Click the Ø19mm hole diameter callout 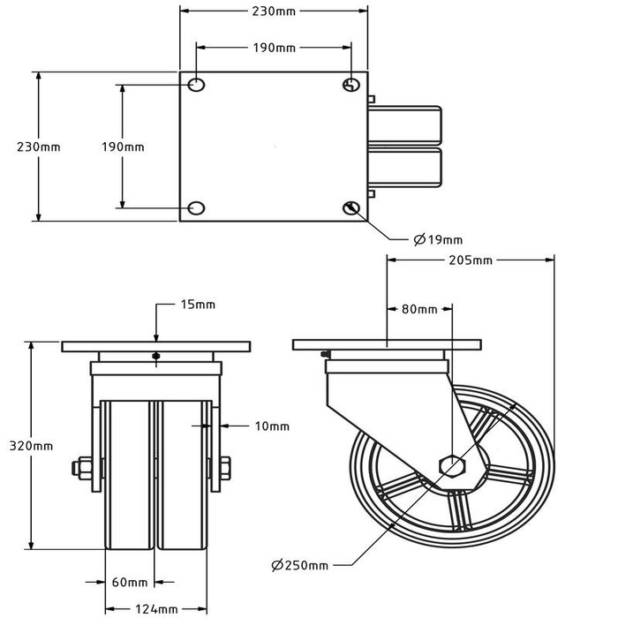click(x=438, y=239)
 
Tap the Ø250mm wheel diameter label click(x=300, y=565)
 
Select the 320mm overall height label click(x=31, y=446)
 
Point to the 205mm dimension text click(x=471, y=260)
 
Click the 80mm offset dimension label click(x=419, y=309)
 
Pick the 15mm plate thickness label click(x=198, y=305)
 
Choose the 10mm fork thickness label click(x=272, y=426)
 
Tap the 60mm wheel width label click(x=130, y=582)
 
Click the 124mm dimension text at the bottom click(x=156, y=609)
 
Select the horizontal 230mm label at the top click(x=274, y=11)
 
